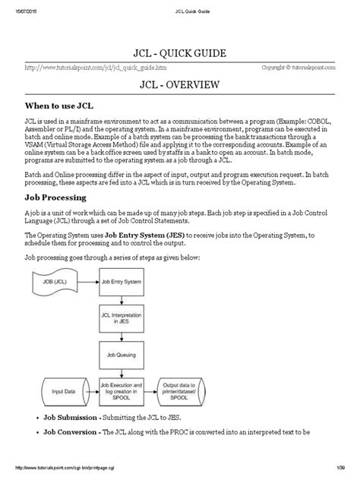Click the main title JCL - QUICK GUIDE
[180, 54]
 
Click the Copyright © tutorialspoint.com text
[298, 67]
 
